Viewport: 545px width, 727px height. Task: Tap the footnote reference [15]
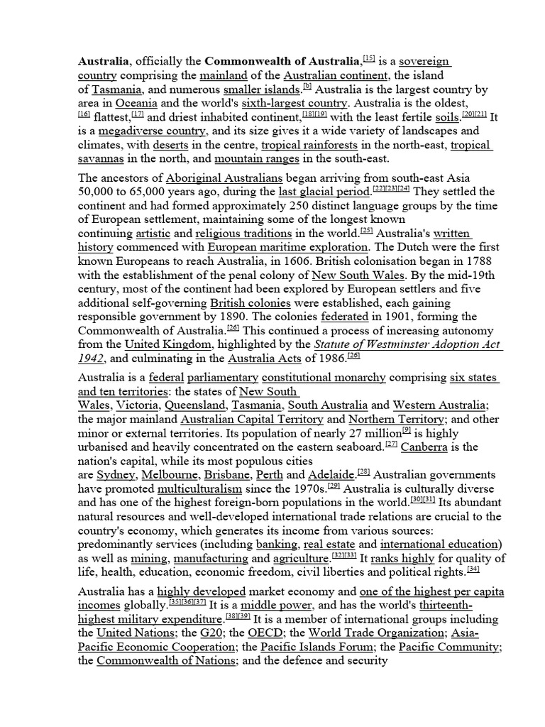(x=369, y=60)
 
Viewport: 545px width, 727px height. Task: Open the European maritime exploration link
(x=287, y=248)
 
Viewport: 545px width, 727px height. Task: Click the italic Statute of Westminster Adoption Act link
(x=395, y=344)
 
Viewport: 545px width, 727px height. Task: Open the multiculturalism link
(x=199, y=489)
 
